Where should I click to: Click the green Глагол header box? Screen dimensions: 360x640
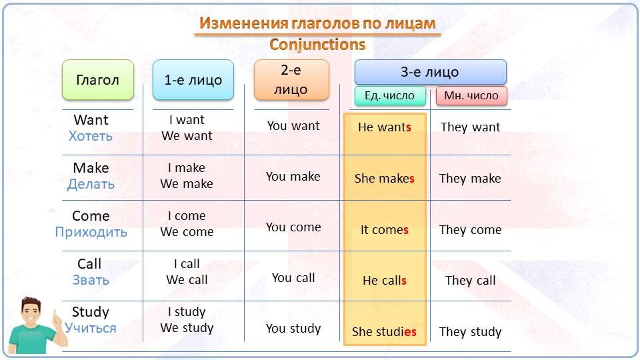click(98, 80)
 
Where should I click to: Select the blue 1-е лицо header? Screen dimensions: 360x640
click(193, 80)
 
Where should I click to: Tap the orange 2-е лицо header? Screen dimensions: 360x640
click(291, 80)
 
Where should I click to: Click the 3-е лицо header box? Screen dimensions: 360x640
click(430, 72)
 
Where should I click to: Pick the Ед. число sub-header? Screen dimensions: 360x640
click(389, 95)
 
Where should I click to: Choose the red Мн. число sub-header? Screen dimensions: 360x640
click(471, 95)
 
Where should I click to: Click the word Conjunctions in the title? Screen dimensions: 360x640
click(317, 45)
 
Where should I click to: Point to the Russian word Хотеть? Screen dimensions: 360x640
click(91, 136)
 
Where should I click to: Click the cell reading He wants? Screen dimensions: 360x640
click(385, 127)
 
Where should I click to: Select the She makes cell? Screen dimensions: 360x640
click(385, 179)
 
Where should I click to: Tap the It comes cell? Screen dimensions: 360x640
click(385, 230)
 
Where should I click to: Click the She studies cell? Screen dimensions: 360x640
click(385, 332)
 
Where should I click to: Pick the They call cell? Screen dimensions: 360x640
click(471, 281)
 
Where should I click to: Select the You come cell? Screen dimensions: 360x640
click(293, 227)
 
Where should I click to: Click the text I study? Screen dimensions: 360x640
click(187, 312)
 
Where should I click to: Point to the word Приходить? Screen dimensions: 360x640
click(91, 232)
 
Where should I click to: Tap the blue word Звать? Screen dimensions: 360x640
click(91, 280)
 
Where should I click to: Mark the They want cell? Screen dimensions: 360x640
click(471, 127)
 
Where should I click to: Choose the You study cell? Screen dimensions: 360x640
click(293, 329)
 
